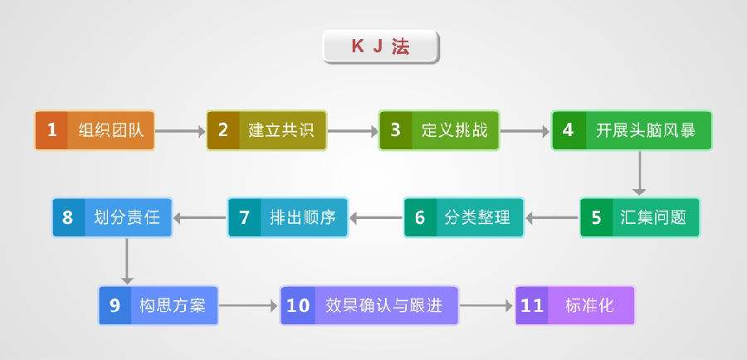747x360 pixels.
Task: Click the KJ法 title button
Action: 380,47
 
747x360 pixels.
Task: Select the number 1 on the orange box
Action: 51,130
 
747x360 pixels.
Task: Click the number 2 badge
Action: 222,130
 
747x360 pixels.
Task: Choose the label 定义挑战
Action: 449,130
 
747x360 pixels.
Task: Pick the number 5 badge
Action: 596,218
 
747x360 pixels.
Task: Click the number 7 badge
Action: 244,218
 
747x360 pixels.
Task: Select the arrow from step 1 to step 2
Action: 180,130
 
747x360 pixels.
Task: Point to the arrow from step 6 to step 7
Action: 376,218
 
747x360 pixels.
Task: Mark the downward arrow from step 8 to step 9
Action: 127,260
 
